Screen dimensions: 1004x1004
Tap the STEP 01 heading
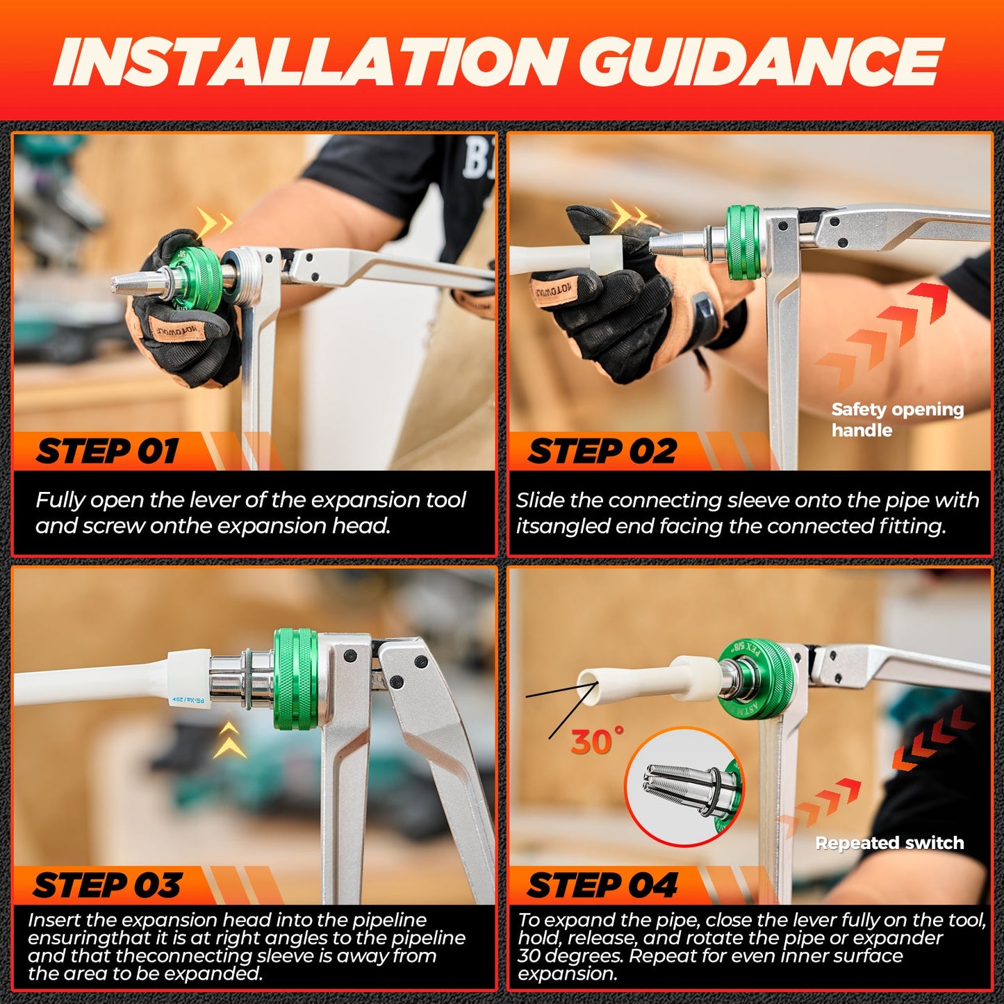[108, 452]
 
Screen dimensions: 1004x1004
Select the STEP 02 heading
[602, 452]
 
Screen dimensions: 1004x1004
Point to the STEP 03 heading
[108, 886]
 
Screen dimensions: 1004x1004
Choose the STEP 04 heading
[602, 886]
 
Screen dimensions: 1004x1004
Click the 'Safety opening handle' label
[896, 420]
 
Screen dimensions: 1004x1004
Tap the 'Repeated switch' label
[889, 843]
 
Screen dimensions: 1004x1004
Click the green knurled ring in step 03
[295, 679]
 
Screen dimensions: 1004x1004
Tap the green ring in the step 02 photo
[743, 242]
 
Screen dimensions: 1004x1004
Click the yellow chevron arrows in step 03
[229, 740]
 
